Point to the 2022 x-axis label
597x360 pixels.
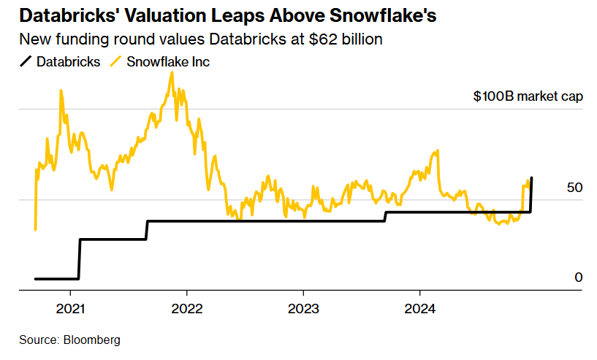pos(186,308)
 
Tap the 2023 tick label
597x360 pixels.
pos(303,308)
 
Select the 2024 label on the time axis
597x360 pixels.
pos(420,308)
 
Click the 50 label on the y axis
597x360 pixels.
pos(574,188)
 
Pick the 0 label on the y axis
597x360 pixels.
pos(578,277)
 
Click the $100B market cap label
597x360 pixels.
pos(528,96)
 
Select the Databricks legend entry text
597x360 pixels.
pos(69,62)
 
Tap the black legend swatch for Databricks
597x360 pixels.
pos(27,62)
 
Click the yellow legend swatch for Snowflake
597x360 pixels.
pos(115,62)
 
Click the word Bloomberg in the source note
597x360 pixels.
pos(92,340)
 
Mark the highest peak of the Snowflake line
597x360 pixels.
pos(172,72)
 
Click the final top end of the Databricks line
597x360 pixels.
pos(531,177)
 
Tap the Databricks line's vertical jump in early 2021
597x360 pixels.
pos(79,259)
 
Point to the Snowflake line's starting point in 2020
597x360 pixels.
pos(35,229)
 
